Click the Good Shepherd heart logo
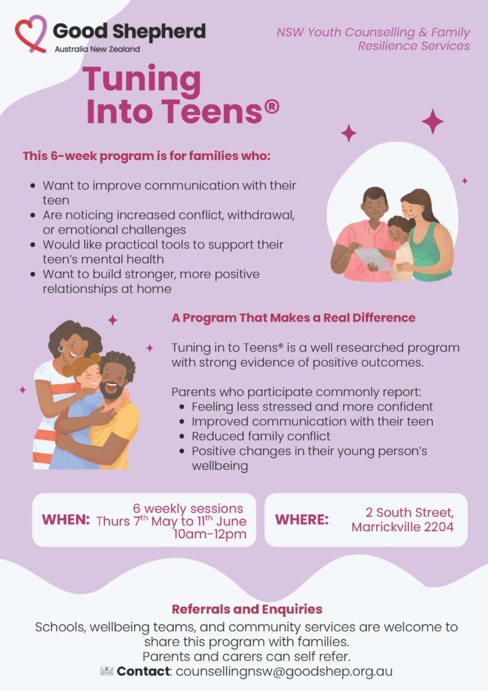pyautogui.click(x=31, y=34)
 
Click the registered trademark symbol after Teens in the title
pyautogui.click(x=272, y=107)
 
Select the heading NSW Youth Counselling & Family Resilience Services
pyautogui.click(x=373, y=38)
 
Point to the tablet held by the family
pyautogui.click(x=373, y=258)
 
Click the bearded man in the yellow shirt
pyautogui.click(x=110, y=410)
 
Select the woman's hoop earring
pyautogui.click(x=61, y=349)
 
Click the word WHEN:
pyautogui.click(x=66, y=520)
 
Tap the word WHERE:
pyautogui.click(x=302, y=520)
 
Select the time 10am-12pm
pyautogui.click(x=210, y=534)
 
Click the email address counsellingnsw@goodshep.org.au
pyautogui.click(x=284, y=671)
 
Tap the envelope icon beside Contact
pyautogui.click(x=106, y=671)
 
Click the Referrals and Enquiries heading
pyautogui.click(x=247, y=609)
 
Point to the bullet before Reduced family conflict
pyautogui.click(x=182, y=437)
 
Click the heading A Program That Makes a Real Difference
pyautogui.click(x=293, y=318)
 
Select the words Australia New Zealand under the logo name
pyautogui.click(x=97, y=49)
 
